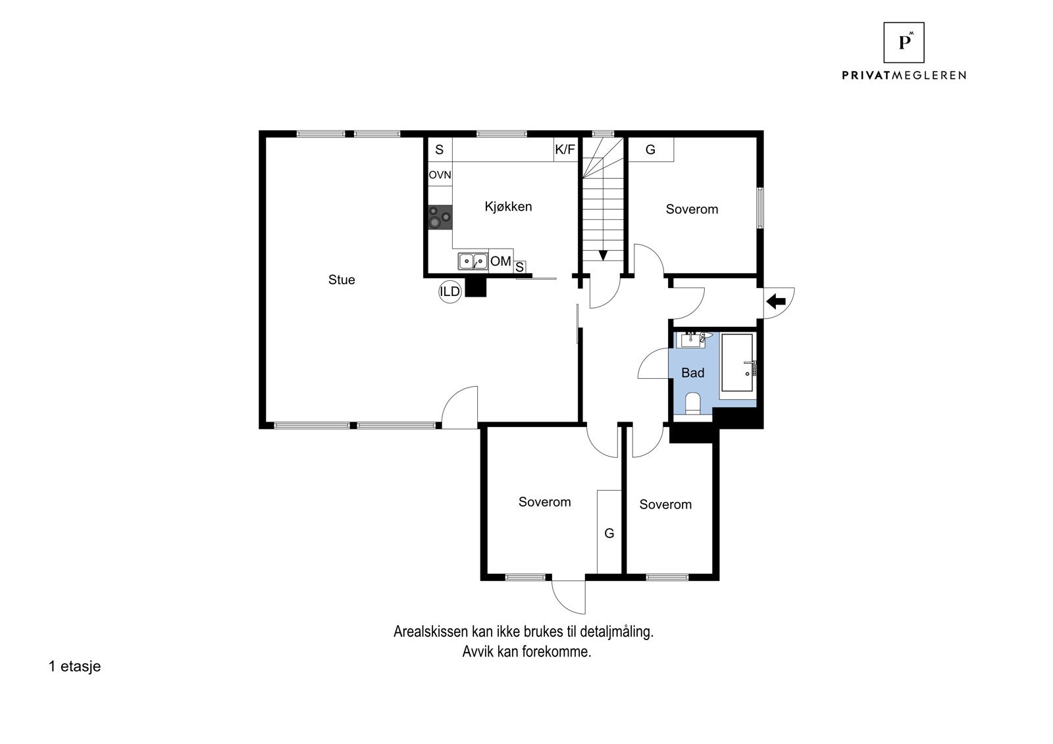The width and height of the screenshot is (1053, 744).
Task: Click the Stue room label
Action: pos(342,280)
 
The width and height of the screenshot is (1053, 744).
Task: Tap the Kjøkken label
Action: pos(508,207)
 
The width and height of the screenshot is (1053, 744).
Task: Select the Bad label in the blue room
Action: pos(692,373)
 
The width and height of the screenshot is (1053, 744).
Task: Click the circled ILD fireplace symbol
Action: pos(450,291)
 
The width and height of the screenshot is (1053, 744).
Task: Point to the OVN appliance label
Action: pos(440,175)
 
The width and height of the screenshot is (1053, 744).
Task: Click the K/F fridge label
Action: pos(565,149)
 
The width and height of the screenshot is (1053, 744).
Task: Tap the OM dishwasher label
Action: pos(501,261)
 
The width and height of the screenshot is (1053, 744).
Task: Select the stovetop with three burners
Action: pos(440,218)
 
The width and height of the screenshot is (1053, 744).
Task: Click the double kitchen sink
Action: pos(473,261)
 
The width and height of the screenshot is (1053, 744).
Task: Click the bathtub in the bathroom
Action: pos(737,362)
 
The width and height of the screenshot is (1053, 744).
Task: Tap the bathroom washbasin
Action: pos(690,340)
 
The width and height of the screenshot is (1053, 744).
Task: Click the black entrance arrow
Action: pos(776,301)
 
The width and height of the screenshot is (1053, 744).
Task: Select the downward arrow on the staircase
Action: pos(603,255)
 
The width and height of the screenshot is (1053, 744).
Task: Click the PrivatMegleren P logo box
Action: pos(904,42)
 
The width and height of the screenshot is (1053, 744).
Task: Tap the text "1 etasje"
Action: pos(75,666)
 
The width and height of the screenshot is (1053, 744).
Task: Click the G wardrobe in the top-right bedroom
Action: pos(651,149)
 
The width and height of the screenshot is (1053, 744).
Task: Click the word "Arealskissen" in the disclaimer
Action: pos(431,632)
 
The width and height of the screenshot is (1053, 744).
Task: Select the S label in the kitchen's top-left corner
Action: pos(440,149)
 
